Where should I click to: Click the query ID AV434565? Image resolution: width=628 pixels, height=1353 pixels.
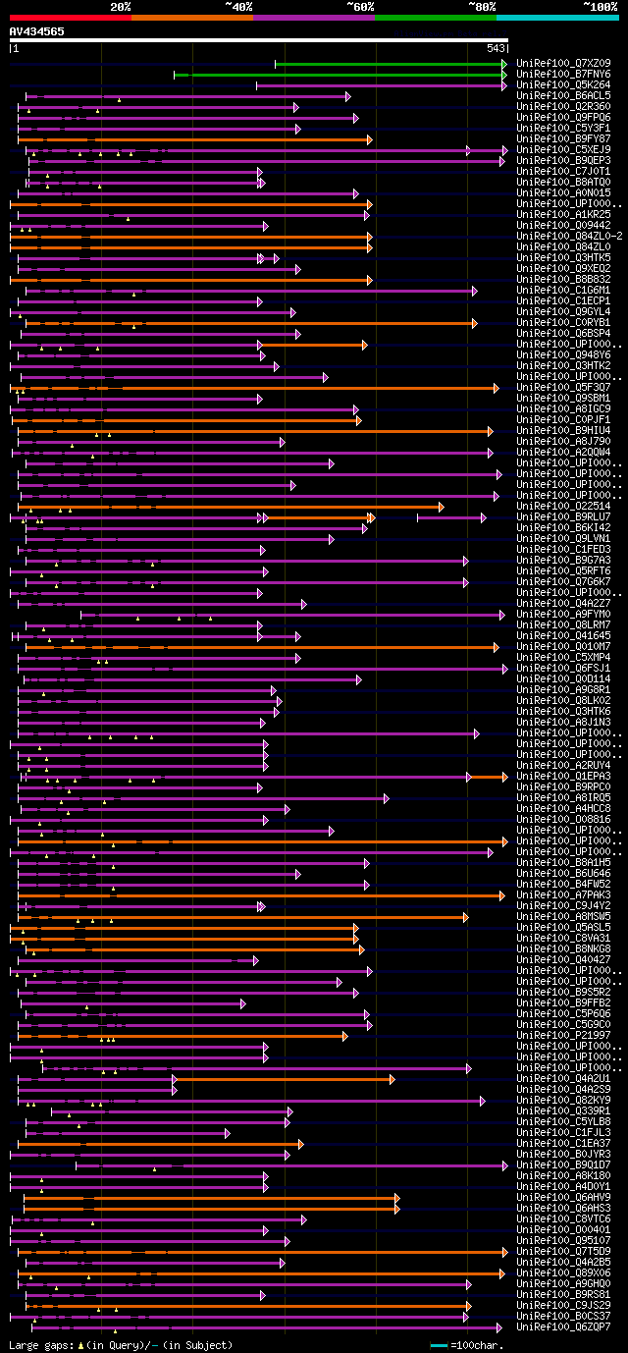37,31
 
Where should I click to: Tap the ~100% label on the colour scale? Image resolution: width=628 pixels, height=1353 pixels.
600,6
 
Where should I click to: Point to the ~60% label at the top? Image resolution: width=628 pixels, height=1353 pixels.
360,6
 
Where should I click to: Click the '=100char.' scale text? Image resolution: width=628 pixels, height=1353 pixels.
471,1344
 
